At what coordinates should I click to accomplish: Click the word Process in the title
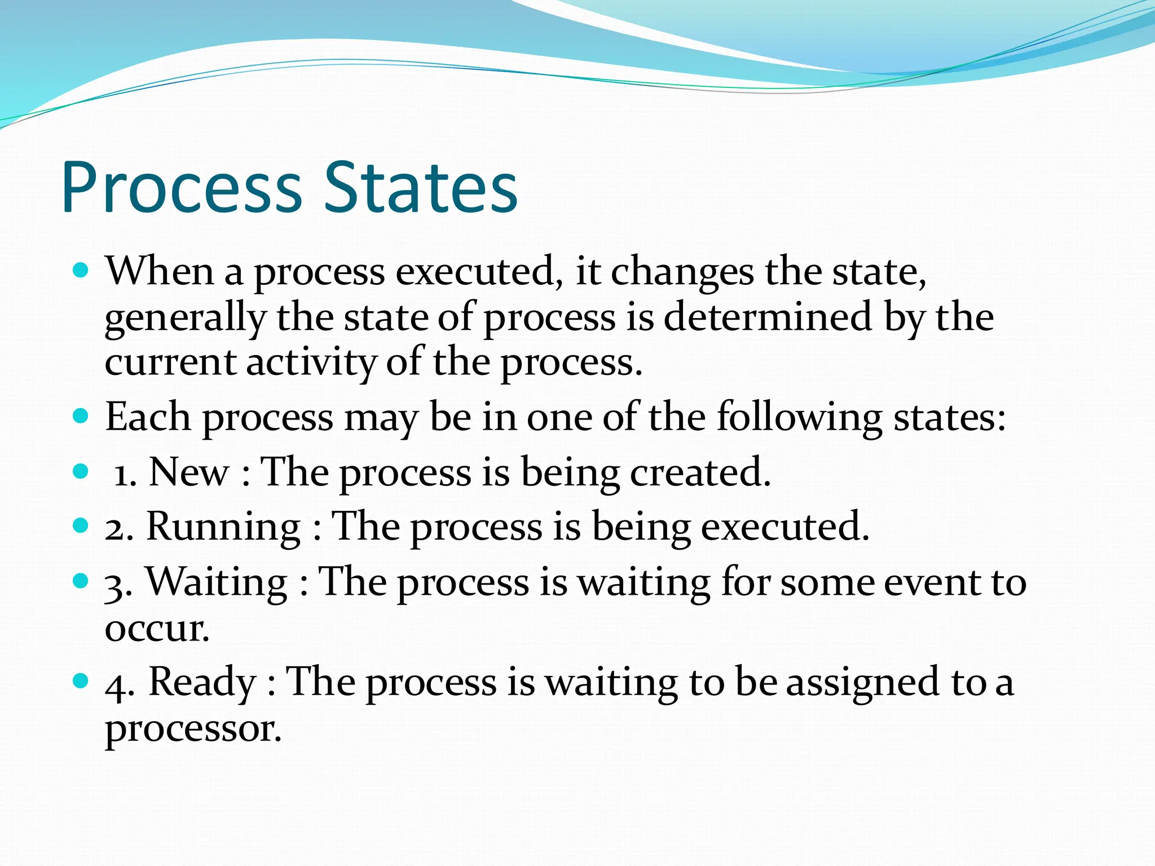click(x=182, y=188)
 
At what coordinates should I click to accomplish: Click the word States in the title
click(x=421, y=188)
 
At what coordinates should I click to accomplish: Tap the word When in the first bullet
click(x=160, y=271)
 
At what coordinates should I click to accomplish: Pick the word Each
click(x=148, y=417)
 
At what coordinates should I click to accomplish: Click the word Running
click(x=223, y=527)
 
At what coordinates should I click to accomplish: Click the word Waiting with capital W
click(x=217, y=582)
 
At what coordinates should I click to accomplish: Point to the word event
click(x=931, y=582)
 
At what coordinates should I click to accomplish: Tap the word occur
click(x=156, y=628)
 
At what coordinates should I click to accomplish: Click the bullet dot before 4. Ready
click(x=81, y=681)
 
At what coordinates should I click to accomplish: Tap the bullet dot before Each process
click(x=81, y=416)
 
